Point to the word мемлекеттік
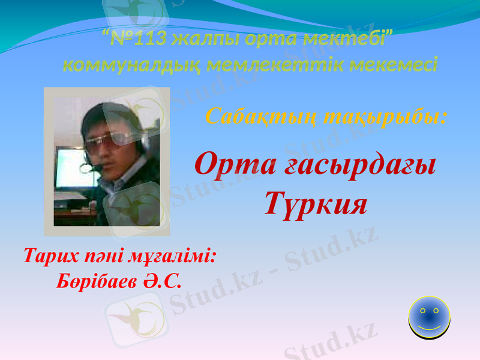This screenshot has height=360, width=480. point(266,64)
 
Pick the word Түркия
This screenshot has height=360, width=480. point(316,204)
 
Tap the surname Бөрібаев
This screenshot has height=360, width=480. point(96,280)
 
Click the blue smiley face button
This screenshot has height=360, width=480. point(429,317)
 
